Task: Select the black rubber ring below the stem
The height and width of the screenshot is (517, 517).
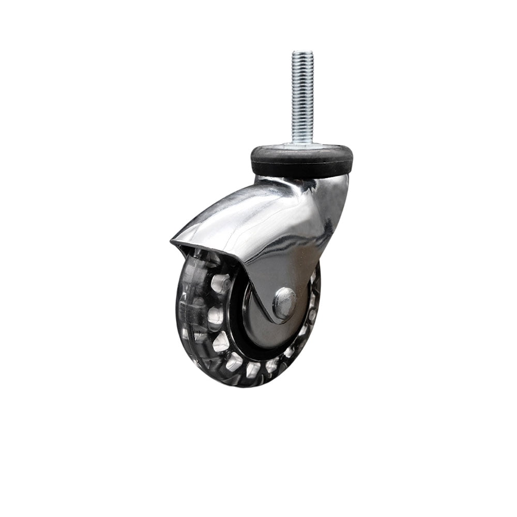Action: point(301,161)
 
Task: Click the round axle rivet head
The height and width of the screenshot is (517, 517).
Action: point(284,303)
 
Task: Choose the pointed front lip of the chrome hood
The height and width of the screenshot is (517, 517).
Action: point(173,241)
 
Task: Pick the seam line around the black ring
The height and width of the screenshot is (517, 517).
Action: point(301,155)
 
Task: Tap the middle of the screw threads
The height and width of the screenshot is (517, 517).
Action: point(302,96)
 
